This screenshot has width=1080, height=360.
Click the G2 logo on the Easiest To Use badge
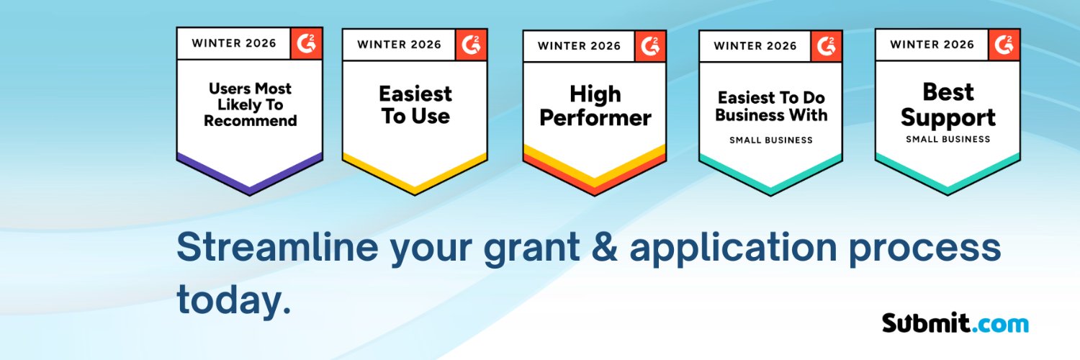(471, 45)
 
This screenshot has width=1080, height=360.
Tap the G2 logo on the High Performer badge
(650, 46)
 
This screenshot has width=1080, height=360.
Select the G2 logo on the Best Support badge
(1004, 45)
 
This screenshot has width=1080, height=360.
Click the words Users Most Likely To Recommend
(250, 104)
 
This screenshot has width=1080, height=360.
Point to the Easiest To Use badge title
(415, 104)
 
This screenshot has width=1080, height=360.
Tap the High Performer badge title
(595, 105)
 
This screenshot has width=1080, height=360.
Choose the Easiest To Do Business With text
(770, 106)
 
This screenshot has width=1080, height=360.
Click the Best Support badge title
(948, 105)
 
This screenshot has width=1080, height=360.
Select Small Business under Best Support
(948, 139)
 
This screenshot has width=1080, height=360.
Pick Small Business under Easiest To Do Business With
(770, 140)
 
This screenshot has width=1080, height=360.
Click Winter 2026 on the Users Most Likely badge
(233, 43)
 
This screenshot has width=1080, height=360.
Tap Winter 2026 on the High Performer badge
(579, 46)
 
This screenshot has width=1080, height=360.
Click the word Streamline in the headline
(277, 248)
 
